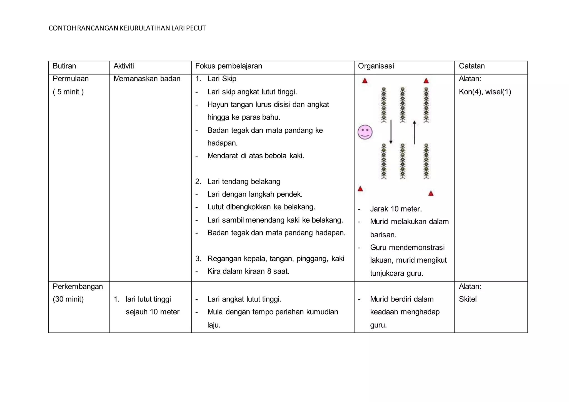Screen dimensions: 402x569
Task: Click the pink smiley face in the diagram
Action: tap(365, 132)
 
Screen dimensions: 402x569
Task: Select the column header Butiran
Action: tap(64, 66)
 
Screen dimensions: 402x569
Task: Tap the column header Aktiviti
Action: tap(124, 66)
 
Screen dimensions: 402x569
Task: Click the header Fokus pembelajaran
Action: tap(228, 66)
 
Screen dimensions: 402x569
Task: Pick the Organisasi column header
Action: tap(376, 66)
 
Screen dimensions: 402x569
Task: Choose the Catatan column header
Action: tap(471, 66)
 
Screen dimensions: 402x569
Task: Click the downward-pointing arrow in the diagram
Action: tap(391, 132)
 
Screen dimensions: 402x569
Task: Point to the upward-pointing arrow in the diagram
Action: tap(414, 132)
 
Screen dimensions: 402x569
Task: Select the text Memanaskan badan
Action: tap(147, 79)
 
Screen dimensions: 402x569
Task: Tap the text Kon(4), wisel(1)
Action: tap(485, 92)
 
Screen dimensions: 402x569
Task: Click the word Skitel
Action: tap(468, 299)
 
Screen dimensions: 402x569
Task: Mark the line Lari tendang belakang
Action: tap(243, 182)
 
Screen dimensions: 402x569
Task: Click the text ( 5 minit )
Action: tap(68, 92)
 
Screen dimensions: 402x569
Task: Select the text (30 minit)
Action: tap(68, 299)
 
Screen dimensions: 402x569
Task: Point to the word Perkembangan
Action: tap(78, 287)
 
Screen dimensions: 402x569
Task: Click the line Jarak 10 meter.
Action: tap(396, 209)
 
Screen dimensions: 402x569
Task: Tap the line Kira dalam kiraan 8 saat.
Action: tap(248, 271)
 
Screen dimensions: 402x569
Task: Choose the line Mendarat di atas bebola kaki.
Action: tap(255, 156)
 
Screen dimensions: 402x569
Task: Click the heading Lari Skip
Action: tap(221, 79)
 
